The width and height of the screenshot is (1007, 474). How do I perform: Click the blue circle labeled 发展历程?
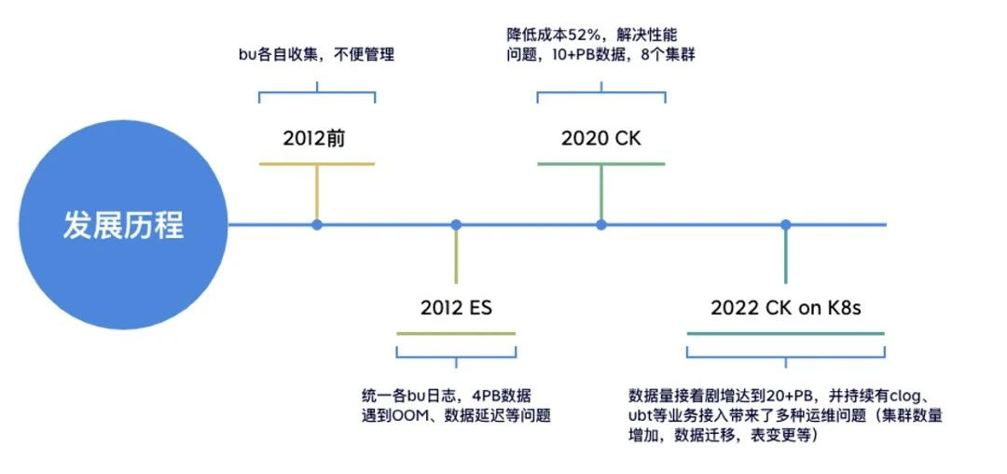click(x=123, y=225)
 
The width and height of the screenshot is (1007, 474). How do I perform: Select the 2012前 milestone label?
click(x=315, y=138)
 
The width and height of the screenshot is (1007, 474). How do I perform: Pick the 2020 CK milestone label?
click(x=601, y=138)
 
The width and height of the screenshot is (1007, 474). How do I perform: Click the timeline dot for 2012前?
click(x=317, y=225)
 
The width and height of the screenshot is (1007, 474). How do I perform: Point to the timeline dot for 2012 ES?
click(x=456, y=225)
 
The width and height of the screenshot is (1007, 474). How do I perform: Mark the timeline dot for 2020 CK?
click(x=601, y=225)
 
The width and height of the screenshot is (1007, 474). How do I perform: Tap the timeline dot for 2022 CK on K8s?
click(x=786, y=225)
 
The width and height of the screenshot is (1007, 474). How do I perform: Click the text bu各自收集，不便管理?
click(x=316, y=54)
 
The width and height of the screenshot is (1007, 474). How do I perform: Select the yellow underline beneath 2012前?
click(x=316, y=164)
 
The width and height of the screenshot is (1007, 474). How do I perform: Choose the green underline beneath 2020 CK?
click(x=601, y=164)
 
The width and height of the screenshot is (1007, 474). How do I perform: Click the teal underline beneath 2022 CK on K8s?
click(x=785, y=333)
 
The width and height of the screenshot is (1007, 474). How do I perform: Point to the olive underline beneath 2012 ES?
click(x=456, y=333)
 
